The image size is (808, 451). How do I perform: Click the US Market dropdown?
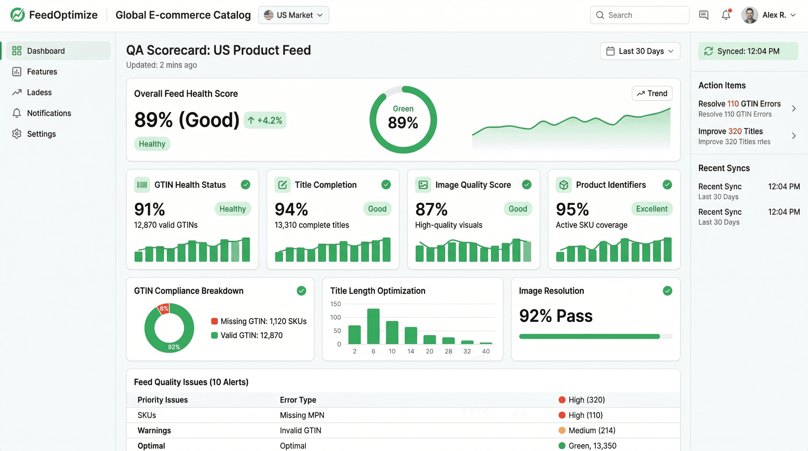click(x=293, y=15)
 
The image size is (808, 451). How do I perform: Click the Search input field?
click(x=640, y=15)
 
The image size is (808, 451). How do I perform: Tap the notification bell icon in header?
click(x=726, y=15)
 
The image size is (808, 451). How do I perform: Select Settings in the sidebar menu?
click(x=41, y=134)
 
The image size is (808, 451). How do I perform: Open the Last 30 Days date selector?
click(x=640, y=51)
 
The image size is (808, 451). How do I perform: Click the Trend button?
click(x=652, y=93)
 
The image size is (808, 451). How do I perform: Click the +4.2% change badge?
click(x=265, y=120)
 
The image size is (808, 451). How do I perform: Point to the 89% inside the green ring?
click(x=403, y=123)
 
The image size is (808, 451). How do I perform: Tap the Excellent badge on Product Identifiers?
click(x=652, y=209)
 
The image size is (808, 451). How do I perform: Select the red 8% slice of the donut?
click(x=164, y=309)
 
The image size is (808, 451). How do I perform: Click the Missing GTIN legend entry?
click(x=259, y=321)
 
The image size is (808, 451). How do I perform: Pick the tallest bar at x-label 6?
click(x=373, y=326)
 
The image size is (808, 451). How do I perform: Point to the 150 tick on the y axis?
click(x=335, y=304)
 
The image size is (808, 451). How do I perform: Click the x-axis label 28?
click(x=448, y=351)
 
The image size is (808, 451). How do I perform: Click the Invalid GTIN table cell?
click(x=300, y=430)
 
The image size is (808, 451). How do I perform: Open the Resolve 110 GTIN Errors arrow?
click(x=794, y=109)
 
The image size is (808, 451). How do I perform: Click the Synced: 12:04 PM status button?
click(x=748, y=51)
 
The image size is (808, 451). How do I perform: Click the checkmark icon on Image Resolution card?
click(x=667, y=291)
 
